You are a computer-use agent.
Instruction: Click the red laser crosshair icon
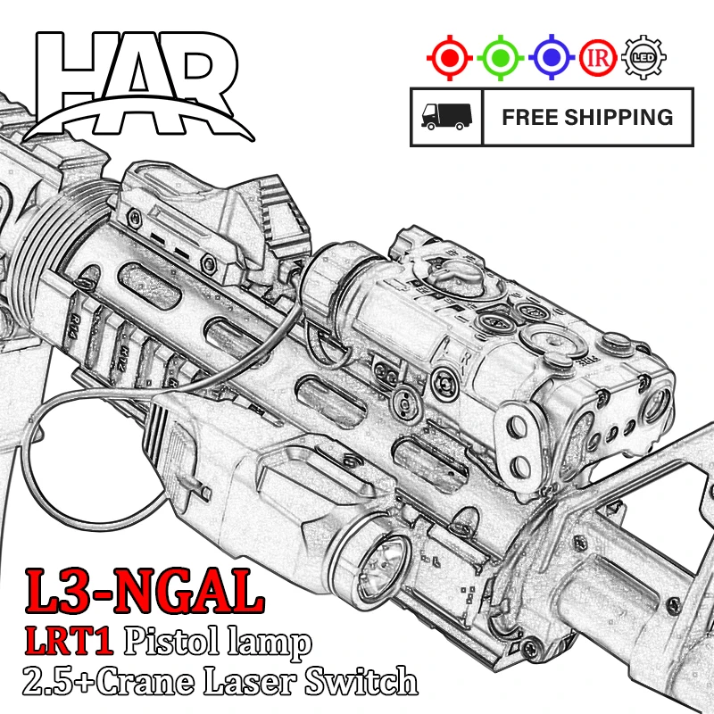pos(450,58)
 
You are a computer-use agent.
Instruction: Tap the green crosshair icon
pos(501,58)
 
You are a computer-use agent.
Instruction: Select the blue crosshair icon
pos(552,58)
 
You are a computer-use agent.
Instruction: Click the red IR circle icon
pos(598,58)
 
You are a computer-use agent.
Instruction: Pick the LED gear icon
pos(643,58)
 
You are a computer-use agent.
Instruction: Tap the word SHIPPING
pos(619,117)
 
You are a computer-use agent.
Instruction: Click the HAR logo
pos(138,86)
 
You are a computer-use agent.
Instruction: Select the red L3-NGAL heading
pos(145,592)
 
